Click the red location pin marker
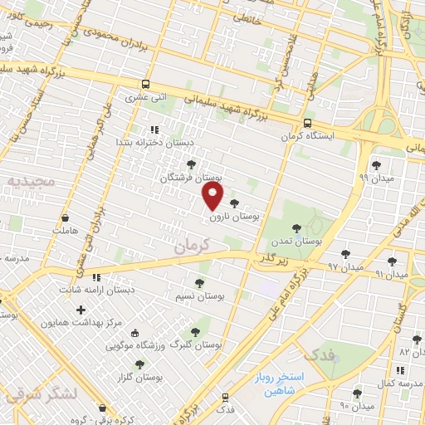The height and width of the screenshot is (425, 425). pyautogui.click(x=213, y=196)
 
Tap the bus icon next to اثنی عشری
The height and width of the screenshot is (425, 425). pyautogui.click(x=146, y=85)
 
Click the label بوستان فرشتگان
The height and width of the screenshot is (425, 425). pyautogui.click(x=193, y=177)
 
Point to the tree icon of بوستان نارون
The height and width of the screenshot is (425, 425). pyautogui.click(x=234, y=203)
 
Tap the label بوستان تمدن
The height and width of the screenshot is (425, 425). pyautogui.click(x=296, y=241)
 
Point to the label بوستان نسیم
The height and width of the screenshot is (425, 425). pyautogui.click(x=201, y=296)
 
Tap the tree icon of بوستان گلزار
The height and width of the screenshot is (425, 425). pyautogui.click(x=139, y=364)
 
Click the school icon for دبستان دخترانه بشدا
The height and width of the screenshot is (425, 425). pyautogui.click(x=154, y=129)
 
